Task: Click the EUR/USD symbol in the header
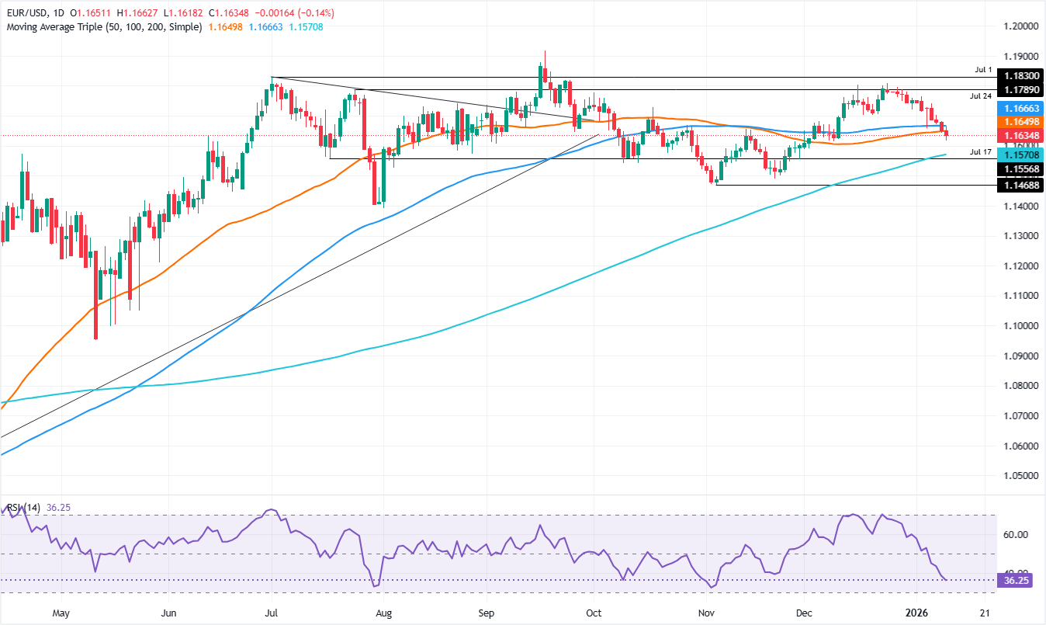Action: coord(26,13)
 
